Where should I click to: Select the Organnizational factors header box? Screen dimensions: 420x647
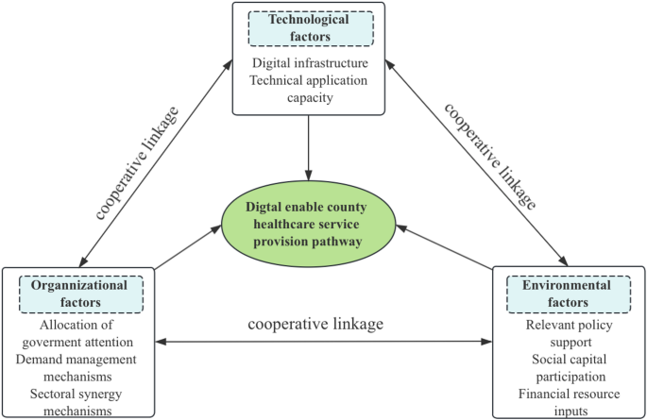pos(80,294)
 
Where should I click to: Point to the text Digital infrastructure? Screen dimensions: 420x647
pos(309,63)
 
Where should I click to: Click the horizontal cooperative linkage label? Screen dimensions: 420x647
pos(315,324)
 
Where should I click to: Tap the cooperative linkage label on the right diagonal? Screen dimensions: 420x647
pos(490,154)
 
